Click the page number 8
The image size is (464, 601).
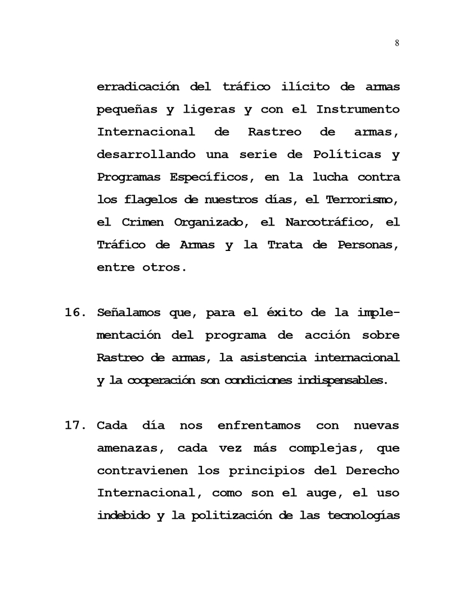point(397,43)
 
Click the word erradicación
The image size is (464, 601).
point(138,87)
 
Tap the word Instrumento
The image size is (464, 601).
point(358,109)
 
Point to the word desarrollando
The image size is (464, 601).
point(146,154)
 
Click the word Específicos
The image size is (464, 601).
point(208,177)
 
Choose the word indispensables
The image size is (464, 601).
point(343,380)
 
